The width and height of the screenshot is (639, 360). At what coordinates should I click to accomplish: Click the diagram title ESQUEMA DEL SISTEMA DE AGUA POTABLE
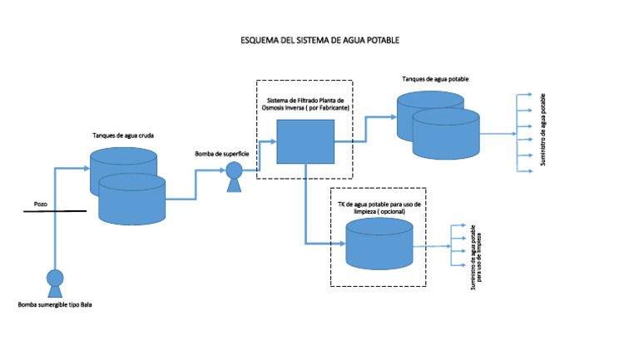(319, 40)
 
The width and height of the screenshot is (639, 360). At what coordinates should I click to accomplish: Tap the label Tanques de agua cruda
(122, 135)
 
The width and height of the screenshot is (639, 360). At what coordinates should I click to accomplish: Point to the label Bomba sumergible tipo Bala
(55, 305)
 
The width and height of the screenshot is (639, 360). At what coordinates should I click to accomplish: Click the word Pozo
(41, 203)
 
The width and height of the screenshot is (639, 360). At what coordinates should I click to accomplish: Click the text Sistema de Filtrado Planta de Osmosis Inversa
(305, 105)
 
